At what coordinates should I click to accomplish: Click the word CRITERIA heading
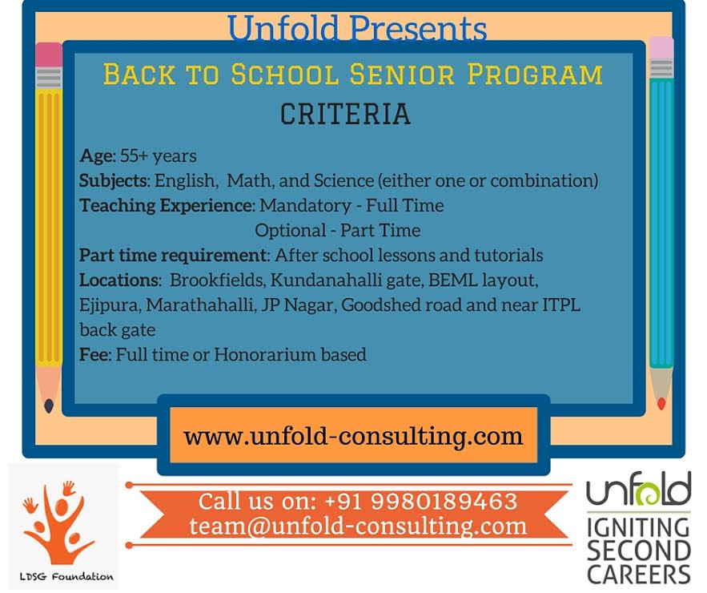point(345,114)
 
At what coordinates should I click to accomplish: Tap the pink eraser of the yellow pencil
point(49,55)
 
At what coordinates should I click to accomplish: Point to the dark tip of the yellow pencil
point(49,405)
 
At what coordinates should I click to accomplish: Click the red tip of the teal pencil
point(661,403)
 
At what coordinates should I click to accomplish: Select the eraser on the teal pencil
point(661,48)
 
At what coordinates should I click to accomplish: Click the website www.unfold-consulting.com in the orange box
point(353,436)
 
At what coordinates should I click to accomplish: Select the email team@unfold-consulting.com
point(358,526)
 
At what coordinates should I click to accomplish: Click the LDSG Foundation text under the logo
point(66,576)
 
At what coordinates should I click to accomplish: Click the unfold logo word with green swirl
point(638,489)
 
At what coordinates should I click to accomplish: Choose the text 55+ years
point(159,156)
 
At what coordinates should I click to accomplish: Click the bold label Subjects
point(114,181)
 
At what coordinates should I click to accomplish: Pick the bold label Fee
point(94,355)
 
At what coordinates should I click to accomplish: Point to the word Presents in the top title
point(418,28)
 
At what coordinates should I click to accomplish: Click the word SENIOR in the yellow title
point(402,75)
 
